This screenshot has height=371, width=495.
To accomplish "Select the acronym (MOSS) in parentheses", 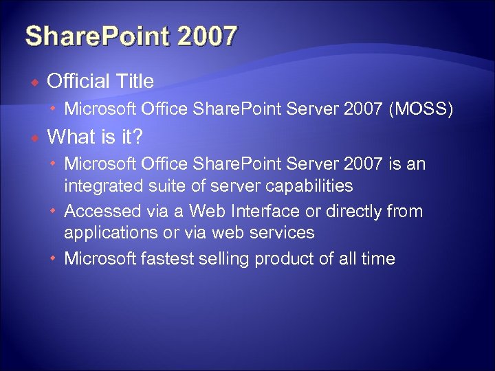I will pos(421,109).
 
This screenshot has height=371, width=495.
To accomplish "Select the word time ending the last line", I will pos(377,258).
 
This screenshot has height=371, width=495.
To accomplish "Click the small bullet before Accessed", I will pos(54,211).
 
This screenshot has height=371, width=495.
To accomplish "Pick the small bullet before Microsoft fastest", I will pos(54,259).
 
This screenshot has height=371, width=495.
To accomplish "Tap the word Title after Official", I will pos(135,81).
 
